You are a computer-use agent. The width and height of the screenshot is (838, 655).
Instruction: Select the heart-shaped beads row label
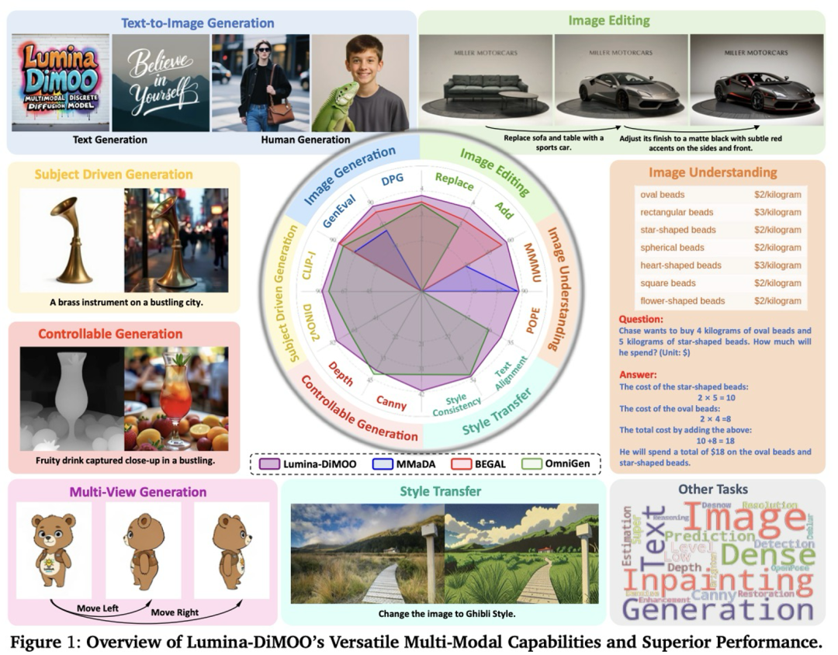680,265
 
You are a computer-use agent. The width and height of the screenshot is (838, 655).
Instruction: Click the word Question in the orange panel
641,319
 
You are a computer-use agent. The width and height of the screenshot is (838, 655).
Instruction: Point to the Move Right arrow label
175,613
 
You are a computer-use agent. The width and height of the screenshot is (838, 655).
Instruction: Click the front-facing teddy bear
54,547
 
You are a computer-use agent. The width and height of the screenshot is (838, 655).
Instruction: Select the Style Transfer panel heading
441,491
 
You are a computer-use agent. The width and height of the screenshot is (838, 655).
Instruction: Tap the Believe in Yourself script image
161,82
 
